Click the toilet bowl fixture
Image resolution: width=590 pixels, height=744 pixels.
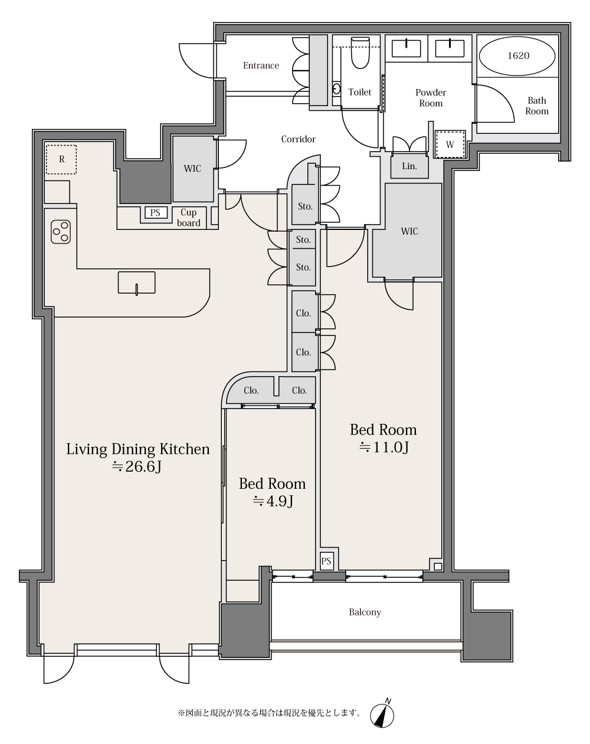tap(360, 52)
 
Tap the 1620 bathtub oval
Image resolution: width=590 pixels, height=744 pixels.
tap(517, 55)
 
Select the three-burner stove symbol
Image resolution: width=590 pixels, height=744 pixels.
tap(61, 232)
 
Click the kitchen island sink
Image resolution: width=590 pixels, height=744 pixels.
tap(136, 283)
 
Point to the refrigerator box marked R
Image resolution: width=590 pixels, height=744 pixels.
tap(61, 159)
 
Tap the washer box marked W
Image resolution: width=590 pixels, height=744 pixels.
tap(450, 144)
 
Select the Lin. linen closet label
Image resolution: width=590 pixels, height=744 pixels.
tap(409, 166)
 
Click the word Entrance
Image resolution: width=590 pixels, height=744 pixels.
tap(261, 65)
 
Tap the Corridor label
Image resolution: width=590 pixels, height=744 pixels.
tap(299, 139)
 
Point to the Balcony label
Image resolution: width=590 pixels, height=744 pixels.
tap(365, 613)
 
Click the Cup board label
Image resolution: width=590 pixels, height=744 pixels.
tap(189, 218)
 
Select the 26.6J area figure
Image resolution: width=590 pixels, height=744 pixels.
tap(137, 467)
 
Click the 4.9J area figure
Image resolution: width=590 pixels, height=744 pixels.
tap(273, 501)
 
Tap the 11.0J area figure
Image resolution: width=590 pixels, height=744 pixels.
tap(385, 447)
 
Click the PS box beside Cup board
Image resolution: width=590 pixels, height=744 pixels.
tap(155, 213)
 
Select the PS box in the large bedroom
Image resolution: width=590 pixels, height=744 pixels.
tap(326, 561)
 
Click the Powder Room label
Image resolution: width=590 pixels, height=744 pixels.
tap(431, 98)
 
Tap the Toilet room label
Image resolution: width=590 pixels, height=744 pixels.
tap(360, 93)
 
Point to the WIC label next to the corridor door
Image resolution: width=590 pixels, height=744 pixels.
tap(192, 169)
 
